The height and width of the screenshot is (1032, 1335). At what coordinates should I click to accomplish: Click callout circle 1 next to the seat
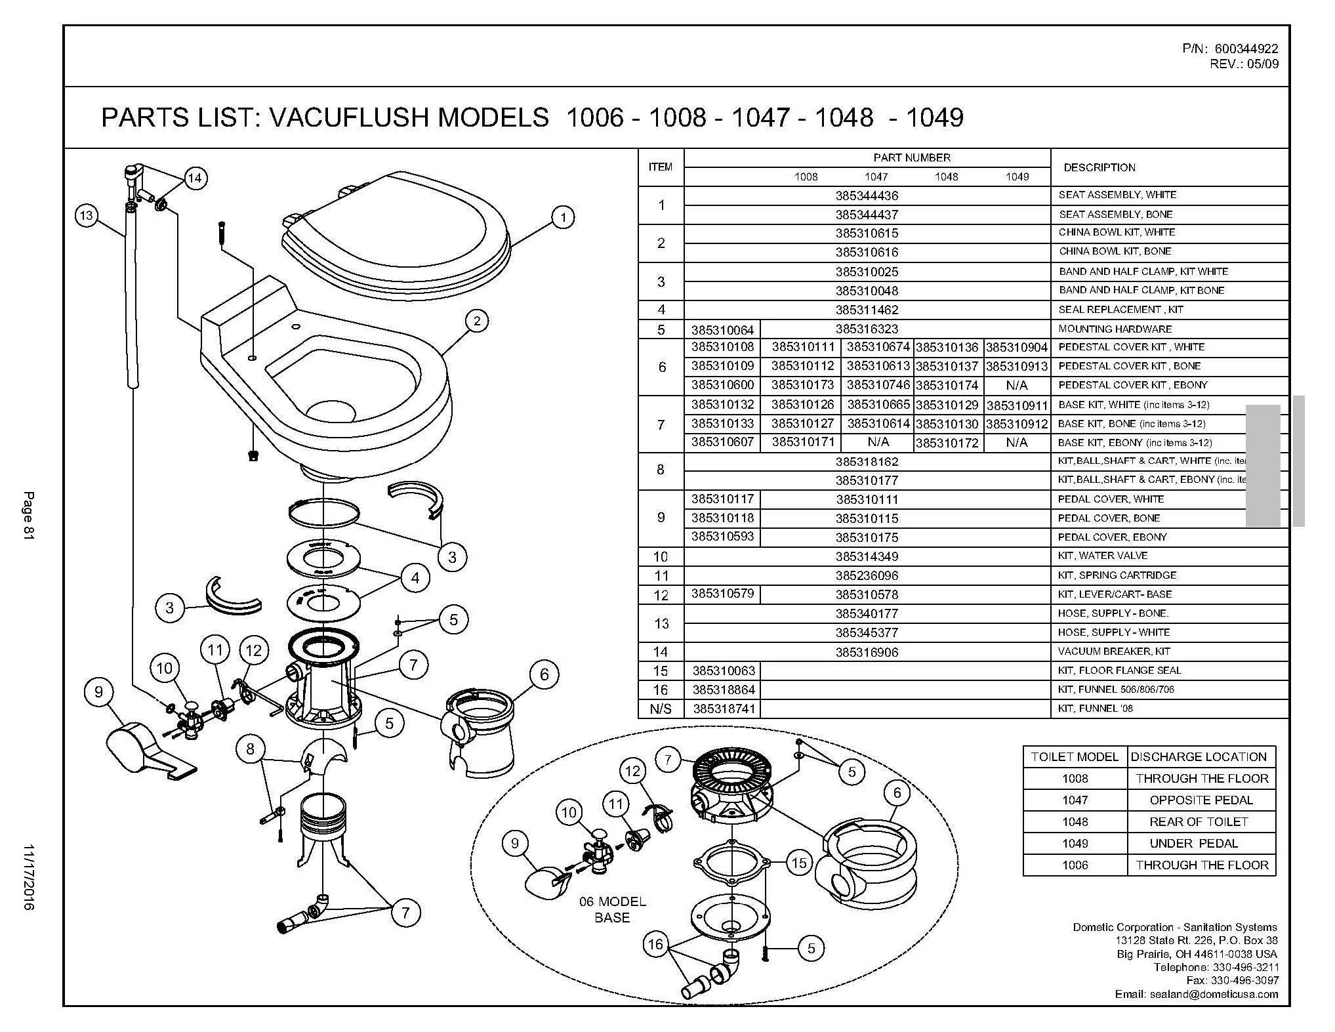[x=562, y=217]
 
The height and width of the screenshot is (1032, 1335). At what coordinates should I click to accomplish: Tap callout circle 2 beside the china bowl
[x=477, y=321]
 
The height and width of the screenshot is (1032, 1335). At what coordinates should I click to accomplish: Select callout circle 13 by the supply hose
[x=86, y=215]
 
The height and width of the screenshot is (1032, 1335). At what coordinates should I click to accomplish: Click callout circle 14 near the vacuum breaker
[x=195, y=178]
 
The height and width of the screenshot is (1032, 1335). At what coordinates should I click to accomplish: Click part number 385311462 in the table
[x=867, y=310]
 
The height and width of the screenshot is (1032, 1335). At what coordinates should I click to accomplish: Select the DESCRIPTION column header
[x=1099, y=167]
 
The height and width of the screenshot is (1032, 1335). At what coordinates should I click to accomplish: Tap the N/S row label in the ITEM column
[x=660, y=709]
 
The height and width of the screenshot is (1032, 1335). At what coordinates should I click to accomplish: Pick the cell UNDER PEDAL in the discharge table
[x=1193, y=843]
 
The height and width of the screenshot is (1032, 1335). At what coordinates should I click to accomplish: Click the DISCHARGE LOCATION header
[x=1199, y=756]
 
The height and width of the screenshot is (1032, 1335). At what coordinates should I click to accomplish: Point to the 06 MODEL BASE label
[x=612, y=909]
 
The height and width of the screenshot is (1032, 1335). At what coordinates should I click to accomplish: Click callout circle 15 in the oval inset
[x=798, y=863]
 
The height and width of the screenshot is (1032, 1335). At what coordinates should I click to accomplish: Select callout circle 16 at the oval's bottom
[x=655, y=944]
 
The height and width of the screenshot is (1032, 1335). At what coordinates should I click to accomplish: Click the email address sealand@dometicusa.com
[x=1214, y=994]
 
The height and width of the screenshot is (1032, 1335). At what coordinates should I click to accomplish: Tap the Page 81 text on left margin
[x=28, y=515]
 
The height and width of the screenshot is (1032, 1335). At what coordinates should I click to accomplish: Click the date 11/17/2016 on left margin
[x=28, y=876]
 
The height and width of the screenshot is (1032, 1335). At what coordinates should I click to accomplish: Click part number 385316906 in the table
[x=867, y=652]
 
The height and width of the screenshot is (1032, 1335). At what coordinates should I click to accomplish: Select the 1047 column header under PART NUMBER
[x=876, y=176]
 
